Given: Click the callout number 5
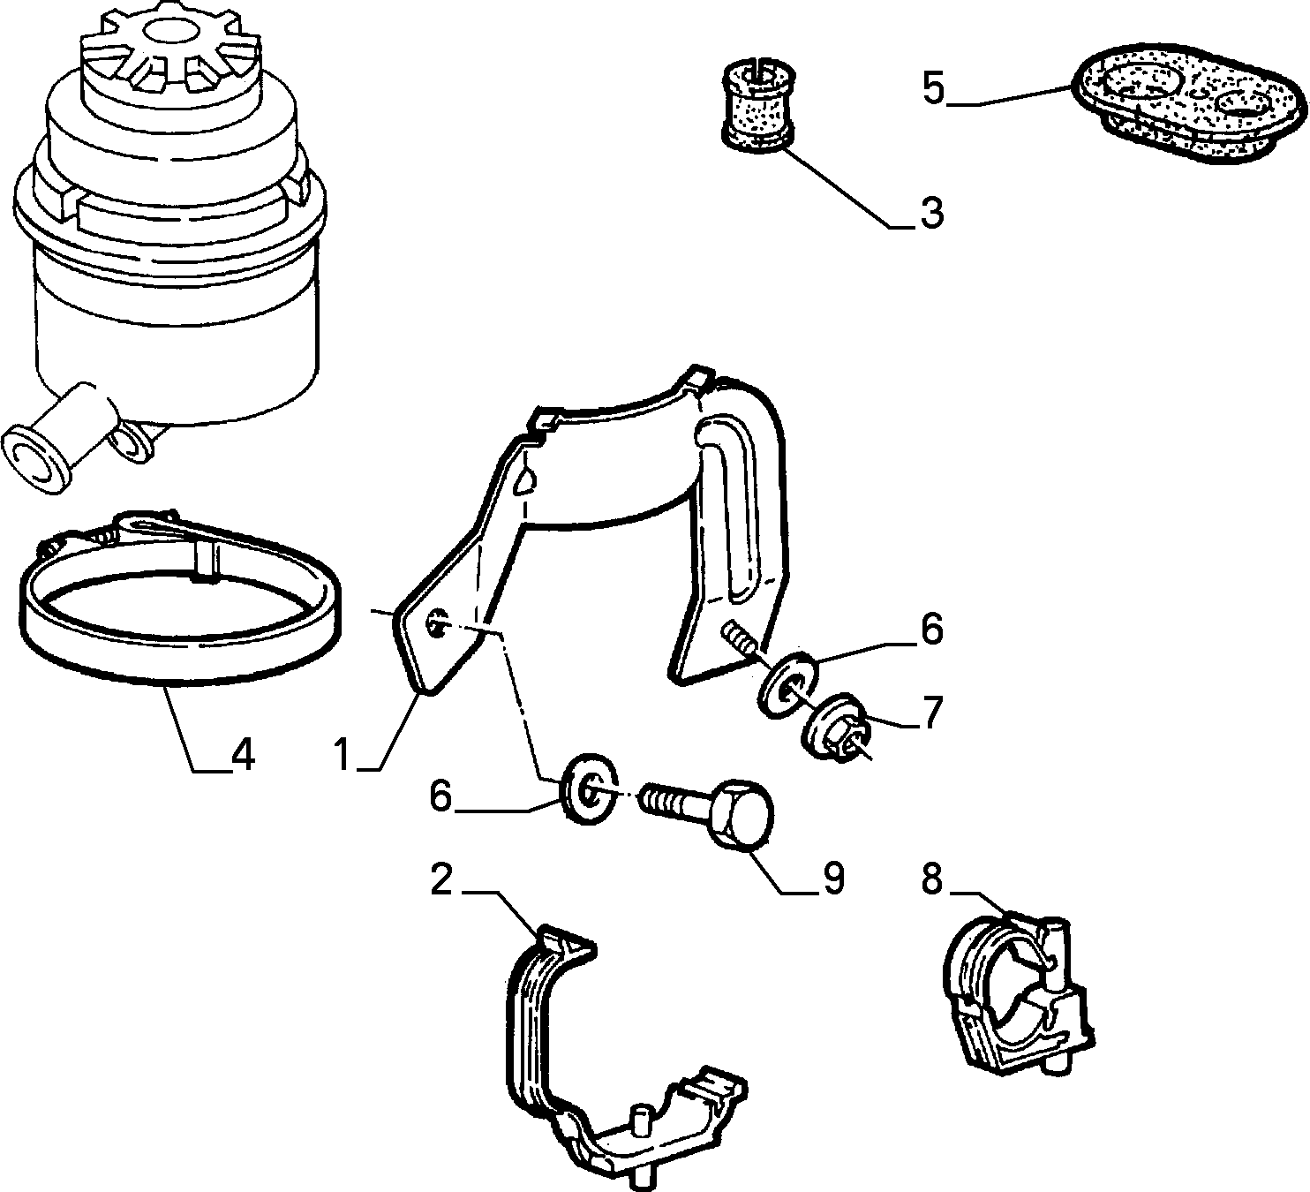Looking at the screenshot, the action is [934, 89].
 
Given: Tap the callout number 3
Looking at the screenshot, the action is [932, 213].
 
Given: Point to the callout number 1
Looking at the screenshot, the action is [343, 754].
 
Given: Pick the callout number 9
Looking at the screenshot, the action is [832, 879].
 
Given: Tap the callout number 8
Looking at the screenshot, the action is [932, 879].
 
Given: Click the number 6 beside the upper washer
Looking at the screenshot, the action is [931, 629].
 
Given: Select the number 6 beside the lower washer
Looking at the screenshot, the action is [440, 796].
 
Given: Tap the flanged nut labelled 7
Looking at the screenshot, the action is [838, 728].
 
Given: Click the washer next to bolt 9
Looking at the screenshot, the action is [589, 791].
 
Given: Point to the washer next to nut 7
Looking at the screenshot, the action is [789, 685].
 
